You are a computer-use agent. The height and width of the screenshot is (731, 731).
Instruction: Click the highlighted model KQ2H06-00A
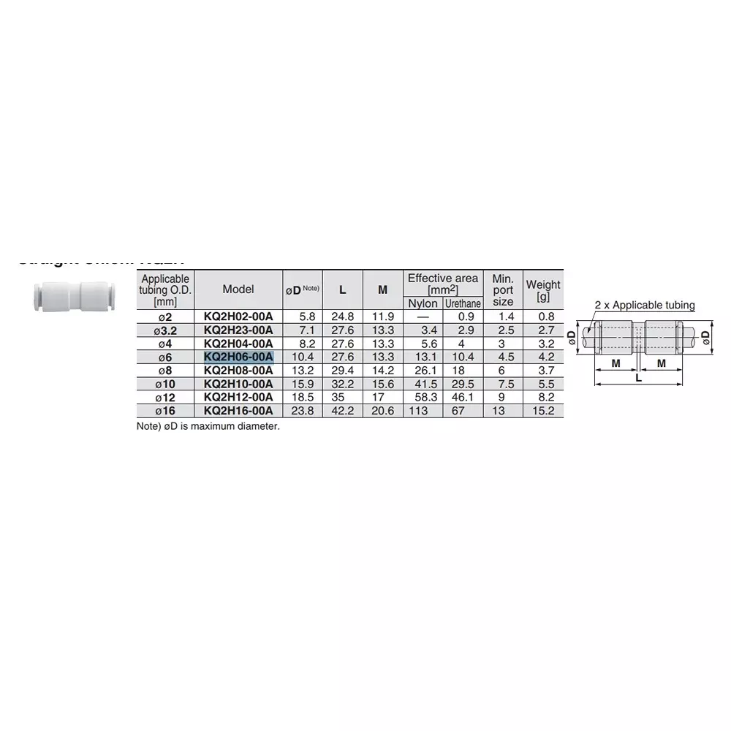pyautogui.click(x=238, y=357)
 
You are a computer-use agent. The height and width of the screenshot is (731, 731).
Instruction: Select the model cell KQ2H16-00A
pyautogui.click(x=238, y=411)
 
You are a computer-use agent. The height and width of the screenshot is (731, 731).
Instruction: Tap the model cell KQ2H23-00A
pyautogui.click(x=238, y=330)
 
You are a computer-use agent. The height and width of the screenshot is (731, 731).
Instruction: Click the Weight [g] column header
pyautogui.click(x=543, y=290)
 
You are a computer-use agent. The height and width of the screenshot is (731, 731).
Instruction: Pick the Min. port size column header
pyautogui.click(x=503, y=290)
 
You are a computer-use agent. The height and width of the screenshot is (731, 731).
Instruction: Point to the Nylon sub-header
pyautogui.click(x=423, y=303)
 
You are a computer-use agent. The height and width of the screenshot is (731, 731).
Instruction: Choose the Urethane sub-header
pyautogui.click(x=463, y=303)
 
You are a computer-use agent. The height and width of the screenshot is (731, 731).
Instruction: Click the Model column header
pyautogui.click(x=238, y=289)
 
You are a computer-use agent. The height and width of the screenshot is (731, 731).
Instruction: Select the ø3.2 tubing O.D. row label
pyautogui.click(x=166, y=330)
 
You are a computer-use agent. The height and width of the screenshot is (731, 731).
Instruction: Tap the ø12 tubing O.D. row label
pyautogui.click(x=166, y=397)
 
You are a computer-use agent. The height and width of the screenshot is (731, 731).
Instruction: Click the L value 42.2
pyautogui.click(x=343, y=411)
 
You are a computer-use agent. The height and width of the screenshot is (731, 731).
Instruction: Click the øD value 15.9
pyautogui.click(x=303, y=384)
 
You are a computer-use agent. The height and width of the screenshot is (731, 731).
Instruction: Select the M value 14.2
pyautogui.click(x=382, y=370)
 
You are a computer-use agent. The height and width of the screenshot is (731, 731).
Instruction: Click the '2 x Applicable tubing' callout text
pyautogui.click(x=645, y=306)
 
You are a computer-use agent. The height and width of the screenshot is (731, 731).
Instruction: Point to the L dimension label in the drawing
pyautogui.click(x=638, y=378)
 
